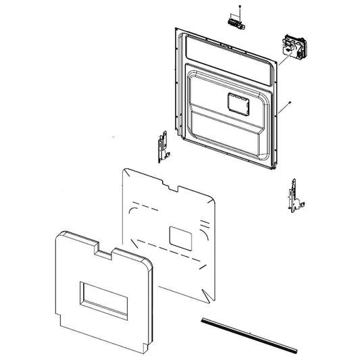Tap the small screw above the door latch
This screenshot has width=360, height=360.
click(x=238, y=7)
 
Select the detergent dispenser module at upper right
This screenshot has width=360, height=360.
click(x=291, y=49)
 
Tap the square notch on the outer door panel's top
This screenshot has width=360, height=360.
click(x=104, y=251)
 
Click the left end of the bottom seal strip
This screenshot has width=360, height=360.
click(x=201, y=317)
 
